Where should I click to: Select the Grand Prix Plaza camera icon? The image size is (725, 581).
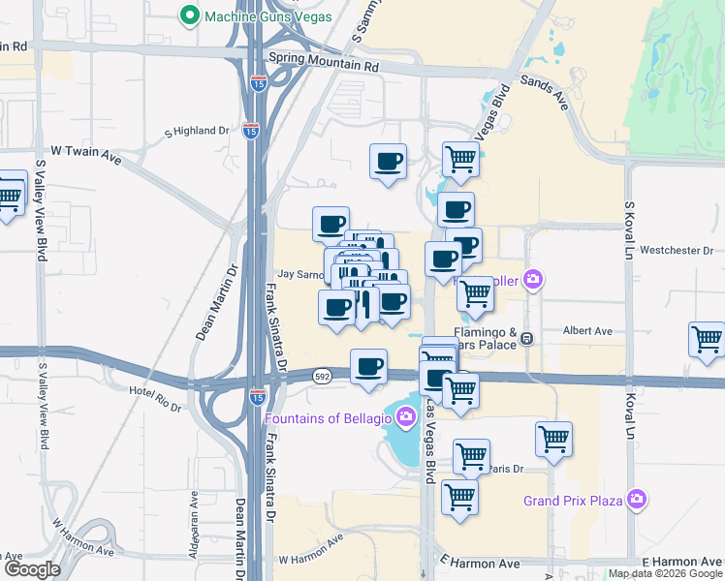[x=637, y=500]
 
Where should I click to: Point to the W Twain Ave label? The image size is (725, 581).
[x=85, y=152]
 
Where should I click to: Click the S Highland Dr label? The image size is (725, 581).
[x=197, y=131]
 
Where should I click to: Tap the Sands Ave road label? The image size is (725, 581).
[x=544, y=92]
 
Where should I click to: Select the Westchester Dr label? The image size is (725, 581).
[x=677, y=250]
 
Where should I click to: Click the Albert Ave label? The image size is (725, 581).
[x=588, y=331]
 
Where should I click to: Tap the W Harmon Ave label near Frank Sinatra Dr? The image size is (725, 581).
[x=311, y=560]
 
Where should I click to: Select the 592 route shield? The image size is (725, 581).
[x=324, y=375]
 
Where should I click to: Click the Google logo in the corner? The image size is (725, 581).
[x=31, y=570]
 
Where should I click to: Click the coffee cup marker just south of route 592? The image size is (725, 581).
[x=368, y=367]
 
